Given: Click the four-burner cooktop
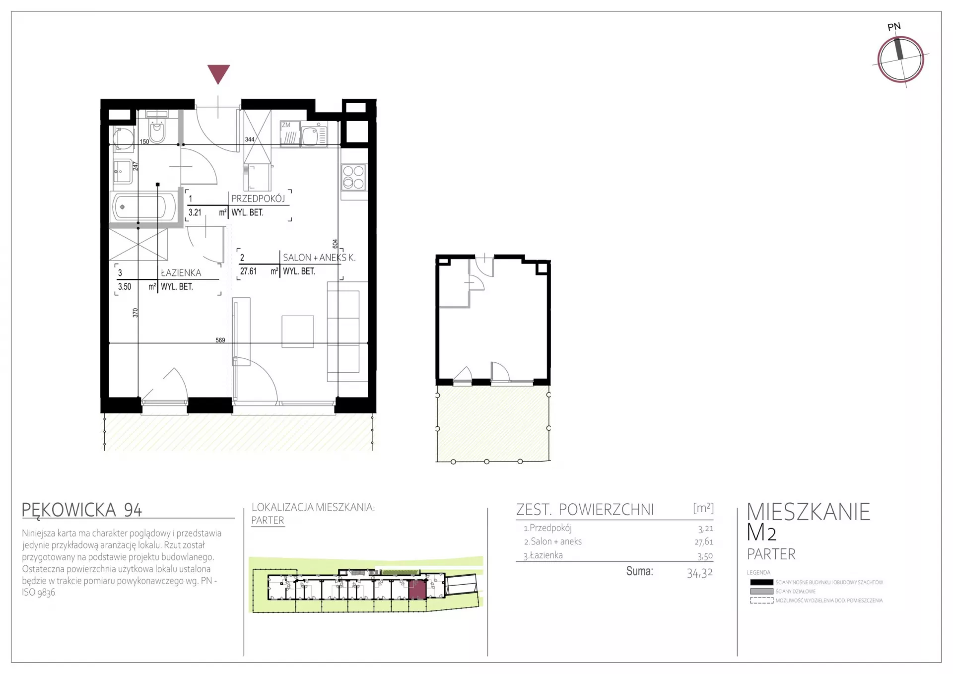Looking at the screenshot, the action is pyautogui.click(x=354, y=177).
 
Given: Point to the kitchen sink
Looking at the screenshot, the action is pyautogui.click(x=314, y=135).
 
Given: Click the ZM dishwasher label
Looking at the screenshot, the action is pyautogui.click(x=286, y=125).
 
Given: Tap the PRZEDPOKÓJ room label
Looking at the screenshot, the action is pyautogui.click(x=258, y=199).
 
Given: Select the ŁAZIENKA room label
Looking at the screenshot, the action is pyautogui.click(x=181, y=273).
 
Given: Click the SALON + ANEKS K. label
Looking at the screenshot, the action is pyautogui.click(x=319, y=258).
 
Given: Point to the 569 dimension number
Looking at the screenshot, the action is pyautogui.click(x=220, y=340).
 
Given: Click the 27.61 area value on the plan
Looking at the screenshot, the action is pyautogui.click(x=248, y=271).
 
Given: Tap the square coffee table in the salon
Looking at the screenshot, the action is pyautogui.click(x=298, y=332).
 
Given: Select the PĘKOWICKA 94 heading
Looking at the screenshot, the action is pyautogui.click(x=82, y=510).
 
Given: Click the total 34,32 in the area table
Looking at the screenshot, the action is pyautogui.click(x=700, y=573).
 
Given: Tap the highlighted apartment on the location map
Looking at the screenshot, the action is pyautogui.click(x=417, y=590).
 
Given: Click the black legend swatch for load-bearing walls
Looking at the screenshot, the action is pyautogui.click(x=761, y=582).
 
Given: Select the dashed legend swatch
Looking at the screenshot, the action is pyautogui.click(x=761, y=601).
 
